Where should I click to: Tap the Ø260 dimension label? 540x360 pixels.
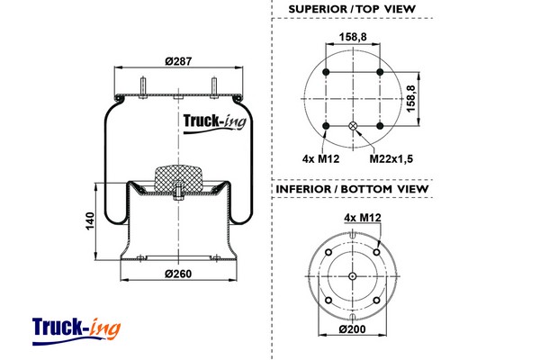tap(179, 273)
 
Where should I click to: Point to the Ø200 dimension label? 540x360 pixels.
tap(354, 330)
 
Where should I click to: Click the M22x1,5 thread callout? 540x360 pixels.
tap(391, 158)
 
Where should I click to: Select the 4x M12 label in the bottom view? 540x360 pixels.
tap(362, 216)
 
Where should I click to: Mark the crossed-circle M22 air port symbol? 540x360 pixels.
tap(354, 125)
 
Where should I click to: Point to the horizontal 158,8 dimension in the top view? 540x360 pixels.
tap(354, 38)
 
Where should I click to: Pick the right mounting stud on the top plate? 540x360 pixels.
tap(215, 86)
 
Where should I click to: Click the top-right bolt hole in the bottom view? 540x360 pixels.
tap(375, 252)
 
